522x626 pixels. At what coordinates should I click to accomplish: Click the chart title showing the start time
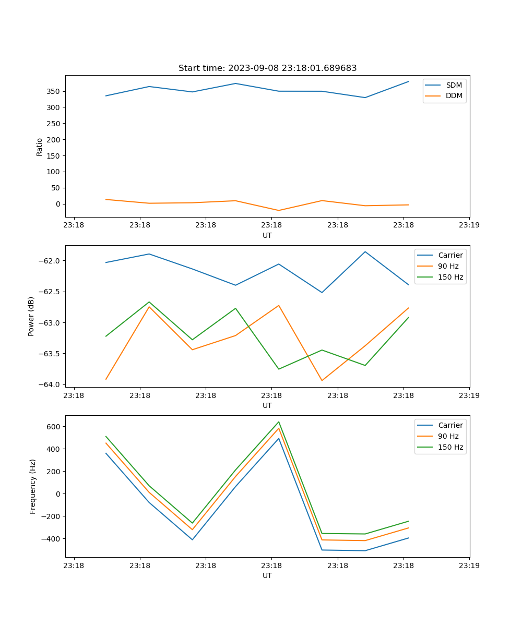pyautogui.click(x=267, y=68)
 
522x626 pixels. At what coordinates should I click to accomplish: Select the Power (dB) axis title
pyautogui.click(x=31, y=316)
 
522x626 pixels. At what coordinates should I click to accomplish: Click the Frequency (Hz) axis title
pyautogui.click(x=32, y=486)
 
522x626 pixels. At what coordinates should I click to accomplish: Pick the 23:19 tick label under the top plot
pyautogui.click(x=469, y=225)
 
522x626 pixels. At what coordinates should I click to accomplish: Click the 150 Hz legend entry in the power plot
pyautogui.click(x=450, y=277)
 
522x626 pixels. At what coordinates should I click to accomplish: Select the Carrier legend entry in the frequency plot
pyautogui.click(x=450, y=425)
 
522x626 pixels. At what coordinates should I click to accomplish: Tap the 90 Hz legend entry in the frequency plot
pyautogui.click(x=448, y=436)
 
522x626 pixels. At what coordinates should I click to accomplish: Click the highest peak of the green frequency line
pyautogui.click(x=279, y=422)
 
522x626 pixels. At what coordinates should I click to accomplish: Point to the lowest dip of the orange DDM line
pyautogui.click(x=279, y=210)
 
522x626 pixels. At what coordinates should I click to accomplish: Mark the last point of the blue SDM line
pyautogui.click(x=408, y=81)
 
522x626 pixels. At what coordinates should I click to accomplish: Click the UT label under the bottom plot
pyautogui.click(x=267, y=575)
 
